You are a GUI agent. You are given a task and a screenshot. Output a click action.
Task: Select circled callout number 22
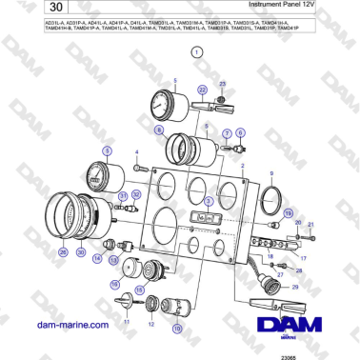pos(201,89)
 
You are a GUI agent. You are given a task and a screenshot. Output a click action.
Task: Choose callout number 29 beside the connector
pos(294,287)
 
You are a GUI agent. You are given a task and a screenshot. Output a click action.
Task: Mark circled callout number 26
pos(63,252)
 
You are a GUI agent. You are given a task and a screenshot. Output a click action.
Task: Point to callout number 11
pos(124,322)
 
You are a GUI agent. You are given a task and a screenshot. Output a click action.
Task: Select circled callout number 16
pos(115,283)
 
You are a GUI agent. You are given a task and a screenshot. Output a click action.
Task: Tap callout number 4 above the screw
pos(136,151)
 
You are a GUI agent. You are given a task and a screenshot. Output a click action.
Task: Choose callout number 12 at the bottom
pos(150,323)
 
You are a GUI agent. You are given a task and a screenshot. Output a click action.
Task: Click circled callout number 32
pos(135,193)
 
